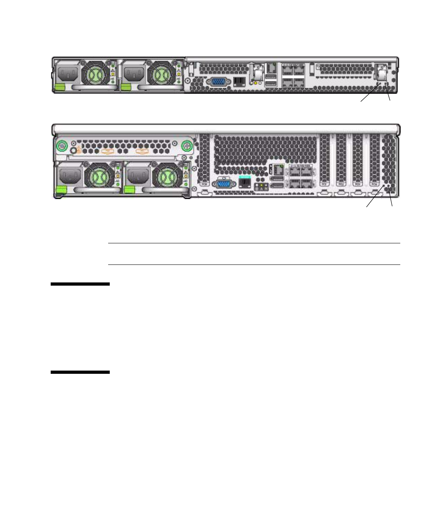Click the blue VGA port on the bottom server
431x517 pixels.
(x=225, y=184)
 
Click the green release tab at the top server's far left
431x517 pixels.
(x=60, y=87)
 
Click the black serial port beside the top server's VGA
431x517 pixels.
(x=239, y=82)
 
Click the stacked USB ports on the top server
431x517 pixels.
(x=271, y=80)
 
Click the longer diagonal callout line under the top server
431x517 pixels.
(x=371, y=93)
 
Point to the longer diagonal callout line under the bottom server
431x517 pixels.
(x=376, y=197)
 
